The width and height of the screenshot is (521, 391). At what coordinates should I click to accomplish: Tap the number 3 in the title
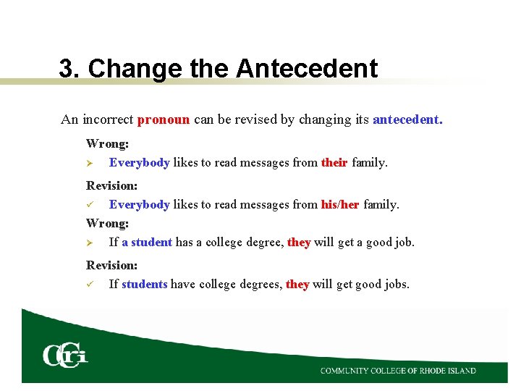66,69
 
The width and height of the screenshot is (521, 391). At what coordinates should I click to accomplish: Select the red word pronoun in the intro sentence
164,119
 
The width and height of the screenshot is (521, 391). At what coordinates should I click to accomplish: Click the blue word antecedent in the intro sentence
407,119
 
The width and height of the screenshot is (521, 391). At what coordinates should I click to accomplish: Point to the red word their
334,163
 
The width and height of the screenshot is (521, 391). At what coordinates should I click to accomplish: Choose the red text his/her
340,205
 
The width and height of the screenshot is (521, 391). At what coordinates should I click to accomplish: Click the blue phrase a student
147,242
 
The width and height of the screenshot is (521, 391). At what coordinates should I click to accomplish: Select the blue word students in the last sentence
144,285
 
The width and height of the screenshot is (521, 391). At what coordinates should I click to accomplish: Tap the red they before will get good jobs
297,285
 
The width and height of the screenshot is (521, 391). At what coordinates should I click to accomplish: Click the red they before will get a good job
299,242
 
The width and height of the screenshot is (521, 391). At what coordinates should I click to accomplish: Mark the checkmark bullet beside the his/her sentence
90,205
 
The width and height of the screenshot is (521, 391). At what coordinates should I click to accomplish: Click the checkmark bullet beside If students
90,285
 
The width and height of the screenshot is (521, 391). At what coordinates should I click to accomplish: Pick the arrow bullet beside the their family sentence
90,163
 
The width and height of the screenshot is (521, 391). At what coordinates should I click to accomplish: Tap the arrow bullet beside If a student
90,242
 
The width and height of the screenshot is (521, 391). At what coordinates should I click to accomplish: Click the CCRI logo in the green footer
65,355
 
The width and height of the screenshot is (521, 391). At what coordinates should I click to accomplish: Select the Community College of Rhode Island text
398,371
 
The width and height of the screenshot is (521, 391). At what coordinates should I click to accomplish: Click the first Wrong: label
107,144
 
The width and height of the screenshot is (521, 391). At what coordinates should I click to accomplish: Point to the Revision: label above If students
111,266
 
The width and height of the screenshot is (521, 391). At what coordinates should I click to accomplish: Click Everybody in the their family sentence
139,163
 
